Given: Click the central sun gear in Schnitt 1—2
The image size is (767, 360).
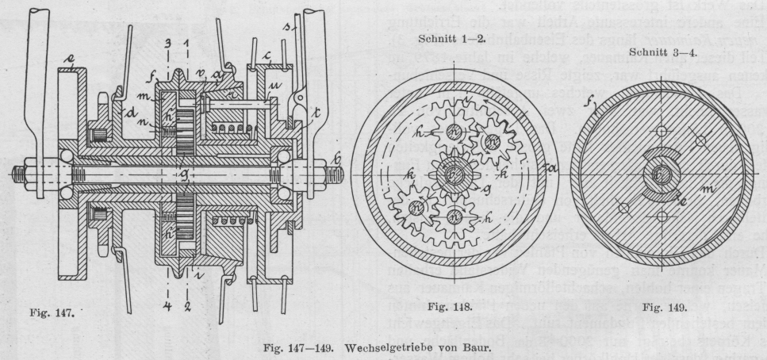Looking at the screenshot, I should click(x=450, y=172).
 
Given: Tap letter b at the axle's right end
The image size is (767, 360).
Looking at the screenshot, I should click(x=337, y=160).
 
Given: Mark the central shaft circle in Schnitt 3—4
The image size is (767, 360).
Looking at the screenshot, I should click(x=660, y=174).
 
